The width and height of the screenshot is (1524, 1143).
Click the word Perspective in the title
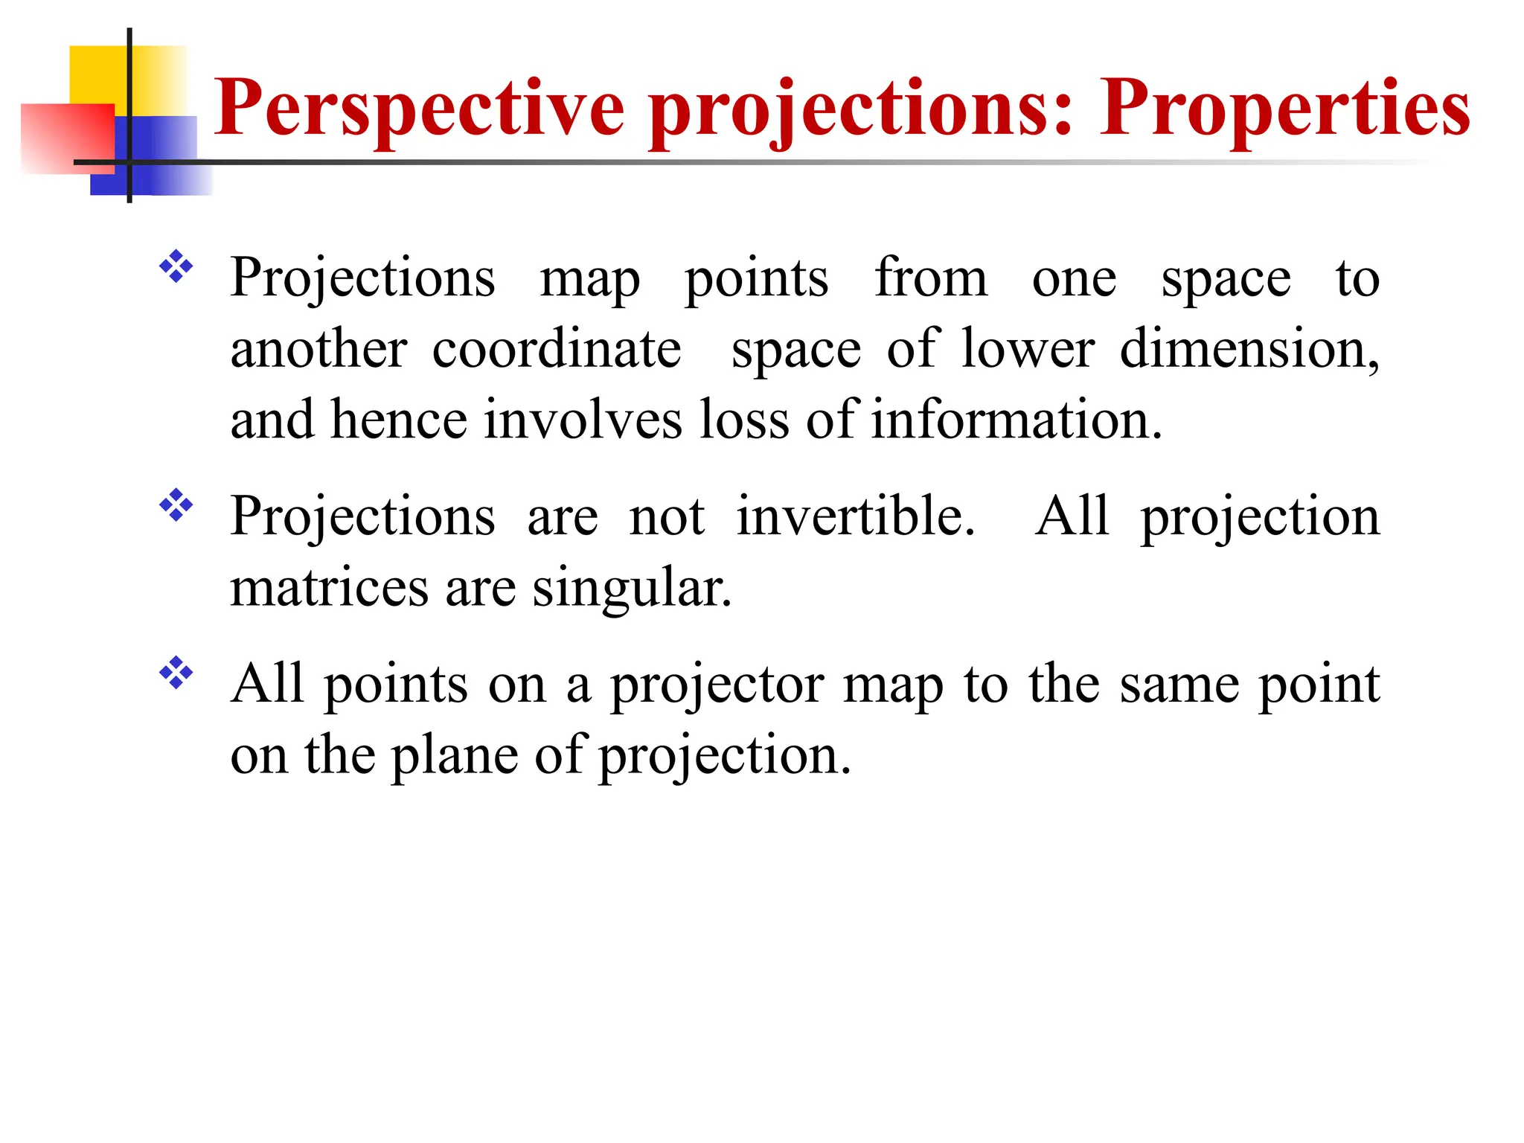coord(419,109)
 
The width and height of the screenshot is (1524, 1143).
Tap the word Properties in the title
coord(1285,109)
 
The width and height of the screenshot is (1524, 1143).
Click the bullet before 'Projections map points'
coord(176,266)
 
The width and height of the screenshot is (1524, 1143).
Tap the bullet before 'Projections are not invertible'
coord(176,505)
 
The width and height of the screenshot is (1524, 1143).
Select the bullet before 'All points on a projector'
coord(176,673)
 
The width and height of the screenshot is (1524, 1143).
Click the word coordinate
coord(557,349)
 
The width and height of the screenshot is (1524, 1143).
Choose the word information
coord(1016,420)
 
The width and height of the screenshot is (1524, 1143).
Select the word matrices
coord(329,588)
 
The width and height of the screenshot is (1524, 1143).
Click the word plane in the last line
coord(454,756)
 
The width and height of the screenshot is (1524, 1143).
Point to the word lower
coord(1028,349)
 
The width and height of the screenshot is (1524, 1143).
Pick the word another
coord(318,349)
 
